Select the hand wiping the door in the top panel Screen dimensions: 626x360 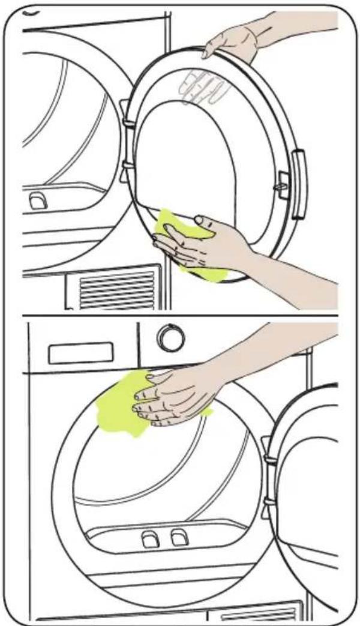click(204, 240)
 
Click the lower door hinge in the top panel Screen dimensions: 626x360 click(127, 164)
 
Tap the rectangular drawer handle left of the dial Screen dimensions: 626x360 click(80, 352)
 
